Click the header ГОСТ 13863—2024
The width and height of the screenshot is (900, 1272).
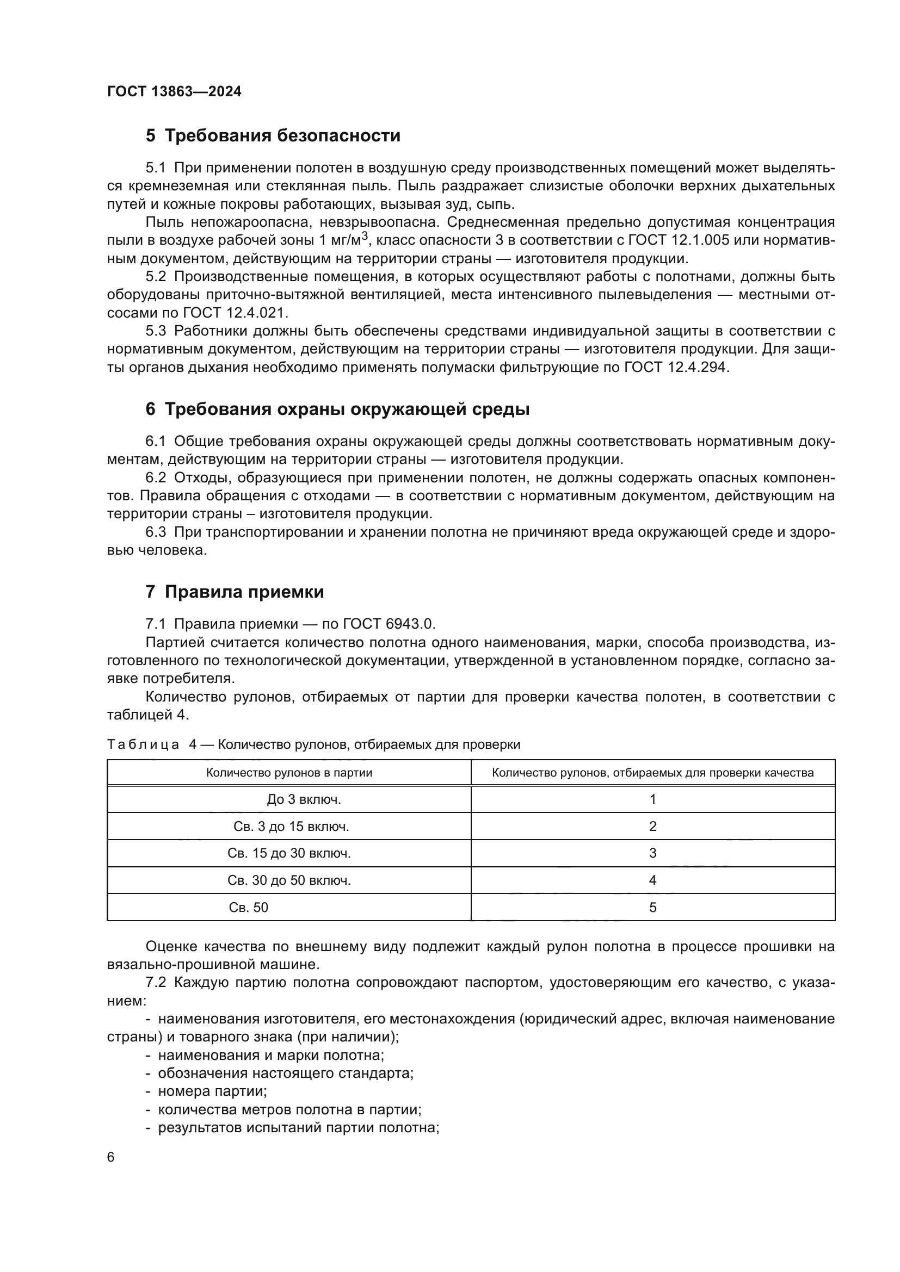pyautogui.click(x=174, y=91)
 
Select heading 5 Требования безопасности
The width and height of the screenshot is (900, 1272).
pyautogui.click(x=273, y=136)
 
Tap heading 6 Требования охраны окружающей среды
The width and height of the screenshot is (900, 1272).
pyautogui.click(x=337, y=409)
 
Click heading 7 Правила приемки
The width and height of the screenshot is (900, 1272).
pyautogui.click(x=235, y=592)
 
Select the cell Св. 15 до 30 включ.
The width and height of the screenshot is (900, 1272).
pyautogui.click(x=289, y=853)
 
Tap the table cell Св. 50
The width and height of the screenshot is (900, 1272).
pyautogui.click(x=248, y=908)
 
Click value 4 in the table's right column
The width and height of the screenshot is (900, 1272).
pyautogui.click(x=652, y=880)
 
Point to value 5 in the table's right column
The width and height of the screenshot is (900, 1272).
pyautogui.click(x=652, y=908)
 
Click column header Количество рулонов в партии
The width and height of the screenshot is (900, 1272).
pyautogui.click(x=289, y=773)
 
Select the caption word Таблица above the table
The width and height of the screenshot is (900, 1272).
pyautogui.click(x=143, y=744)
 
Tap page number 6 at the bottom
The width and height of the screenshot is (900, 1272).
pyautogui.click(x=111, y=1157)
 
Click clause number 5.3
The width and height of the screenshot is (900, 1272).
pyautogui.click(x=156, y=331)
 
